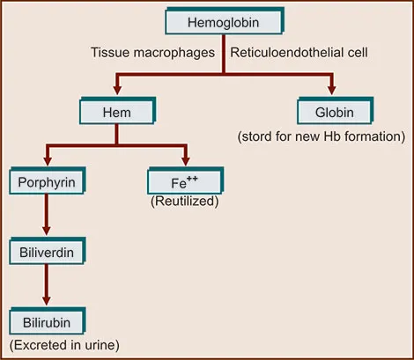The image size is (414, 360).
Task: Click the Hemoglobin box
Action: coord(225,21)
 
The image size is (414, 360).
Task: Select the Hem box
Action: coord(117,111)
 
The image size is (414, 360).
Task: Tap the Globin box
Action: coord(335,111)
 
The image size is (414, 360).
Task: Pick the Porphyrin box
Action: coord(48,180)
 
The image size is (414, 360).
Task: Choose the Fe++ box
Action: coord(185,180)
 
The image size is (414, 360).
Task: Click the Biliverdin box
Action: coord(48,251)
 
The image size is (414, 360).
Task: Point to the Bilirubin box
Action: coord(48,321)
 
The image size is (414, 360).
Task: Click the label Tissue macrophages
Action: coord(152,53)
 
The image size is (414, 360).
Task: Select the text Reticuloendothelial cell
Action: coord(299,53)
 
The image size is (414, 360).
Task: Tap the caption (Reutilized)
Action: coord(185,202)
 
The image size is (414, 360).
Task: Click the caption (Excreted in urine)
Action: coord(64,345)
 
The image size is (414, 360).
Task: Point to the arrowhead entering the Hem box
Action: coord(117,90)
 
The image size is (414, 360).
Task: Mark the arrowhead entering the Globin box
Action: coord(332,90)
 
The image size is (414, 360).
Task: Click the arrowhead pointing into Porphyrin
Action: coord(48,160)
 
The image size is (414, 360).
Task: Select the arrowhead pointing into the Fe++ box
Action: coord(186,160)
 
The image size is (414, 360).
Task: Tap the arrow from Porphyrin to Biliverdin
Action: coord(47,215)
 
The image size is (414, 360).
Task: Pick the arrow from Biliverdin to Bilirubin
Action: coord(47,284)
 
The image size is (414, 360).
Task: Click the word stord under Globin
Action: coord(256,136)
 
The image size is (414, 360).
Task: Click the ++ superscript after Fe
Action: coord(192,179)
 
